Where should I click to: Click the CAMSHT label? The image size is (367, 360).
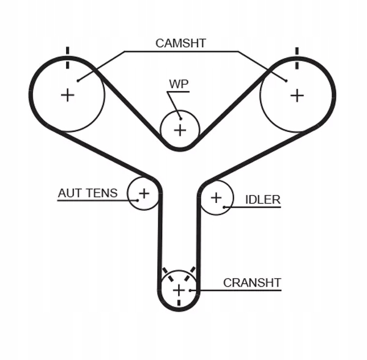pos(180,43)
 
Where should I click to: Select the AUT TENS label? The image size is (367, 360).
pos(87,193)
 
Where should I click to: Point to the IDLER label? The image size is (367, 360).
pos(262,199)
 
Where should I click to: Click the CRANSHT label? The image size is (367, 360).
pos(251,282)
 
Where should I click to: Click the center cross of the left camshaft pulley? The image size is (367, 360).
pos(67,95)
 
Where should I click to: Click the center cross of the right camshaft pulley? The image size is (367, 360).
pos(297,95)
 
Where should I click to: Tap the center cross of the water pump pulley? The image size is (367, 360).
pos(180,130)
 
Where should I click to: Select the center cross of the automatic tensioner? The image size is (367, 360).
pos(144,194)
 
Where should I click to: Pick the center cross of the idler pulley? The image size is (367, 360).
pos(216,197)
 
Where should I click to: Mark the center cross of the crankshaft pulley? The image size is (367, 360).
pos(178,290)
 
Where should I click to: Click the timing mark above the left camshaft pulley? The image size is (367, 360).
pos(68,53)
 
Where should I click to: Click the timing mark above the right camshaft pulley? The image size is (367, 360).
pos(297,53)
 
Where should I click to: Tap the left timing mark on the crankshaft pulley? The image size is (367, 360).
pos(164,271)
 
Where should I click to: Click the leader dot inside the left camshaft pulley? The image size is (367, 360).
pos(78,79)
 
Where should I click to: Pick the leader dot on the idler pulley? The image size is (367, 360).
pos(225,207)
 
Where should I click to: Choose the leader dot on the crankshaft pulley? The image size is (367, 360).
pos(191,290)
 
